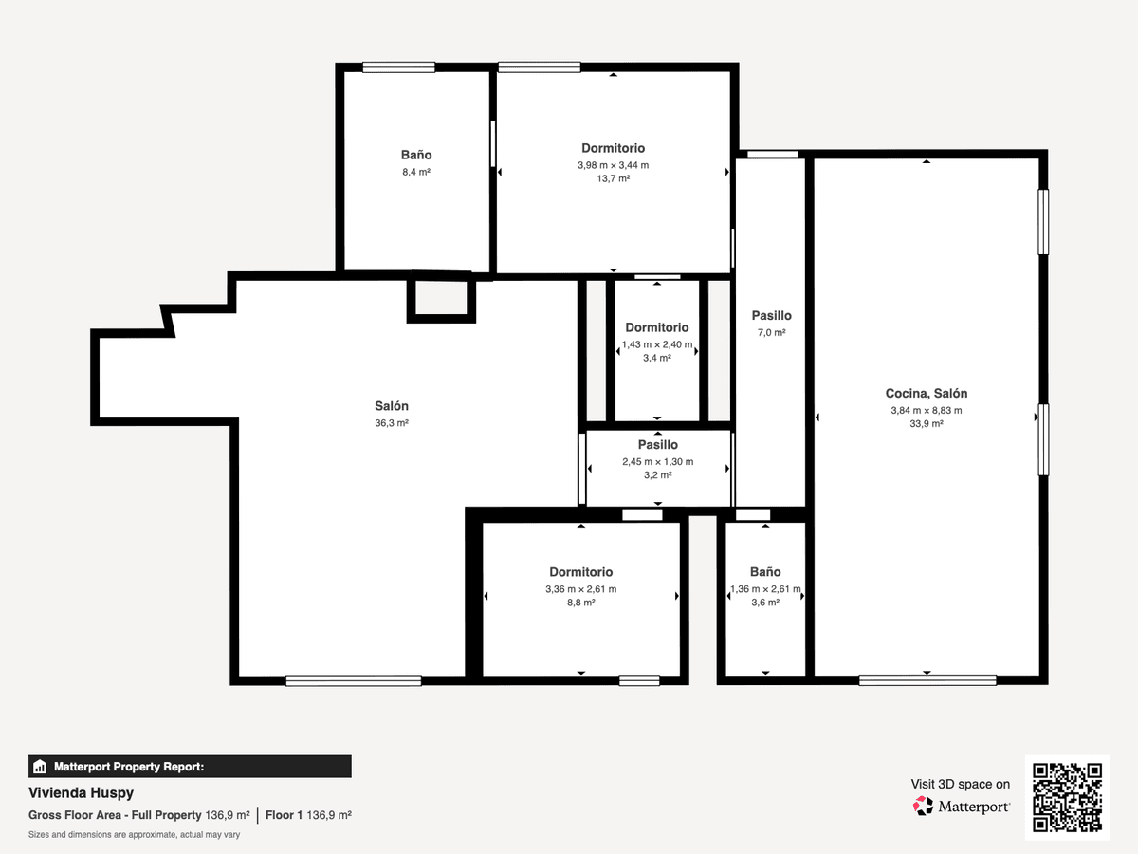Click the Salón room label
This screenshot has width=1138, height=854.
392,406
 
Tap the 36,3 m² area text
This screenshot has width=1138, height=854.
392,423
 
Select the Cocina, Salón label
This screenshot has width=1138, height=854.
926,394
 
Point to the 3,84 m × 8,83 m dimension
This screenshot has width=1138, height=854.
926,410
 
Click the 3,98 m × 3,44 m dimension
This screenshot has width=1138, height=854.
613,165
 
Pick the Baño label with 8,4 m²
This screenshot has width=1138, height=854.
415,155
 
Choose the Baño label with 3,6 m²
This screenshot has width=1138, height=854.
765,571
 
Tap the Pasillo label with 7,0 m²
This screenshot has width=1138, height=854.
771,315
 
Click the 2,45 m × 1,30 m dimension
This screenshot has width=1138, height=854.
657,461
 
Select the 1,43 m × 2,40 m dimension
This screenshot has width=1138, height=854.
657,344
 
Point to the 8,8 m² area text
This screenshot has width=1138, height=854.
580,603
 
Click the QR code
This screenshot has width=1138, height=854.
1067,797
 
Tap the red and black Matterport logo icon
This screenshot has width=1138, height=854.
923,806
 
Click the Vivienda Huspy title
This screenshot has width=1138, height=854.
81,793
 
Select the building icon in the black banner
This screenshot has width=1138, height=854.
40,767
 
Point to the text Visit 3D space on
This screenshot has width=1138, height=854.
960,784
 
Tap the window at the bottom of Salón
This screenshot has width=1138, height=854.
354,680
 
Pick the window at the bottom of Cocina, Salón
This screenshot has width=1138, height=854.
927,680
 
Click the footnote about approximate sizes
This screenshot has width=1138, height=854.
134,835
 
